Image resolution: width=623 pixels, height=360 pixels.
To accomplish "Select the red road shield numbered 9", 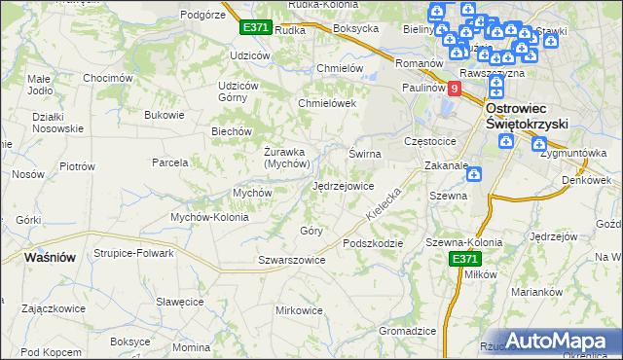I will coord(454,88).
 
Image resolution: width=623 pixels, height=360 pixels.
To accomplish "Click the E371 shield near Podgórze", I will coord(256,28).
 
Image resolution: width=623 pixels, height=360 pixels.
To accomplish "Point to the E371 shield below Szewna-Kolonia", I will coord(464,259).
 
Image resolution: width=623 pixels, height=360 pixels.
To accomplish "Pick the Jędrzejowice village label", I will coord(343,186).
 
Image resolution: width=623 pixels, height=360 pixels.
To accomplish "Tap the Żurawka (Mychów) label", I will coord(286,157).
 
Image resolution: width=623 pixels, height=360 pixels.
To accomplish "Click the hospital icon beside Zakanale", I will coord(474,175).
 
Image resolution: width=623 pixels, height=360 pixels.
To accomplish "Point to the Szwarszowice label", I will coord(291,260).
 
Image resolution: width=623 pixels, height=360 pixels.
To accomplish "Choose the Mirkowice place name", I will coord(299,310).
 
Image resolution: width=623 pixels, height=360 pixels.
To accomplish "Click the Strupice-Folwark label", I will coord(133,253).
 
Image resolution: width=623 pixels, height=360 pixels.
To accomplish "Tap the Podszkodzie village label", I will coord(372,243).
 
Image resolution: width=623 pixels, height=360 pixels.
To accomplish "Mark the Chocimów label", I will coord(108,78).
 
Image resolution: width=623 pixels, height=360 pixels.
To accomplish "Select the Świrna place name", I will coord(365,154).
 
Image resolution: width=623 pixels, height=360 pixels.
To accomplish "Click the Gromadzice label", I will coord(407,331).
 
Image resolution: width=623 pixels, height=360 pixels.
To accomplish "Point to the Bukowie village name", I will coord(164,115).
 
